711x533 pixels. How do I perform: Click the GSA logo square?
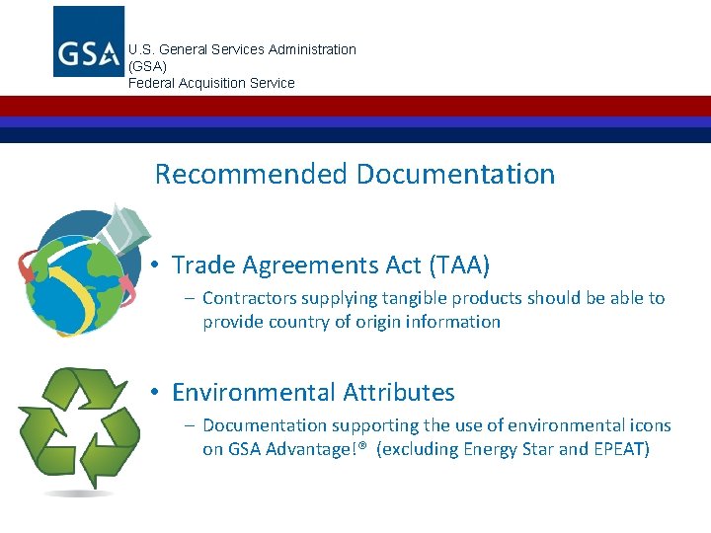[x=89, y=41]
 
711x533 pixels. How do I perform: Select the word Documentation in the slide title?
[x=455, y=175]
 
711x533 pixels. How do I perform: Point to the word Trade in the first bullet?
[x=201, y=266]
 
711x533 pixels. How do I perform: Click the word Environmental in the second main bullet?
[x=254, y=393]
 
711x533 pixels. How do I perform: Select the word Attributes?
[x=398, y=393]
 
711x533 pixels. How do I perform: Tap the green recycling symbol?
[x=79, y=425]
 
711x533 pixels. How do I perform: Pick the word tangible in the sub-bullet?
[x=419, y=298]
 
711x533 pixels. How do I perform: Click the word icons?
[x=649, y=425]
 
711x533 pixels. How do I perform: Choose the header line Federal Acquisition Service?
[x=211, y=83]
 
